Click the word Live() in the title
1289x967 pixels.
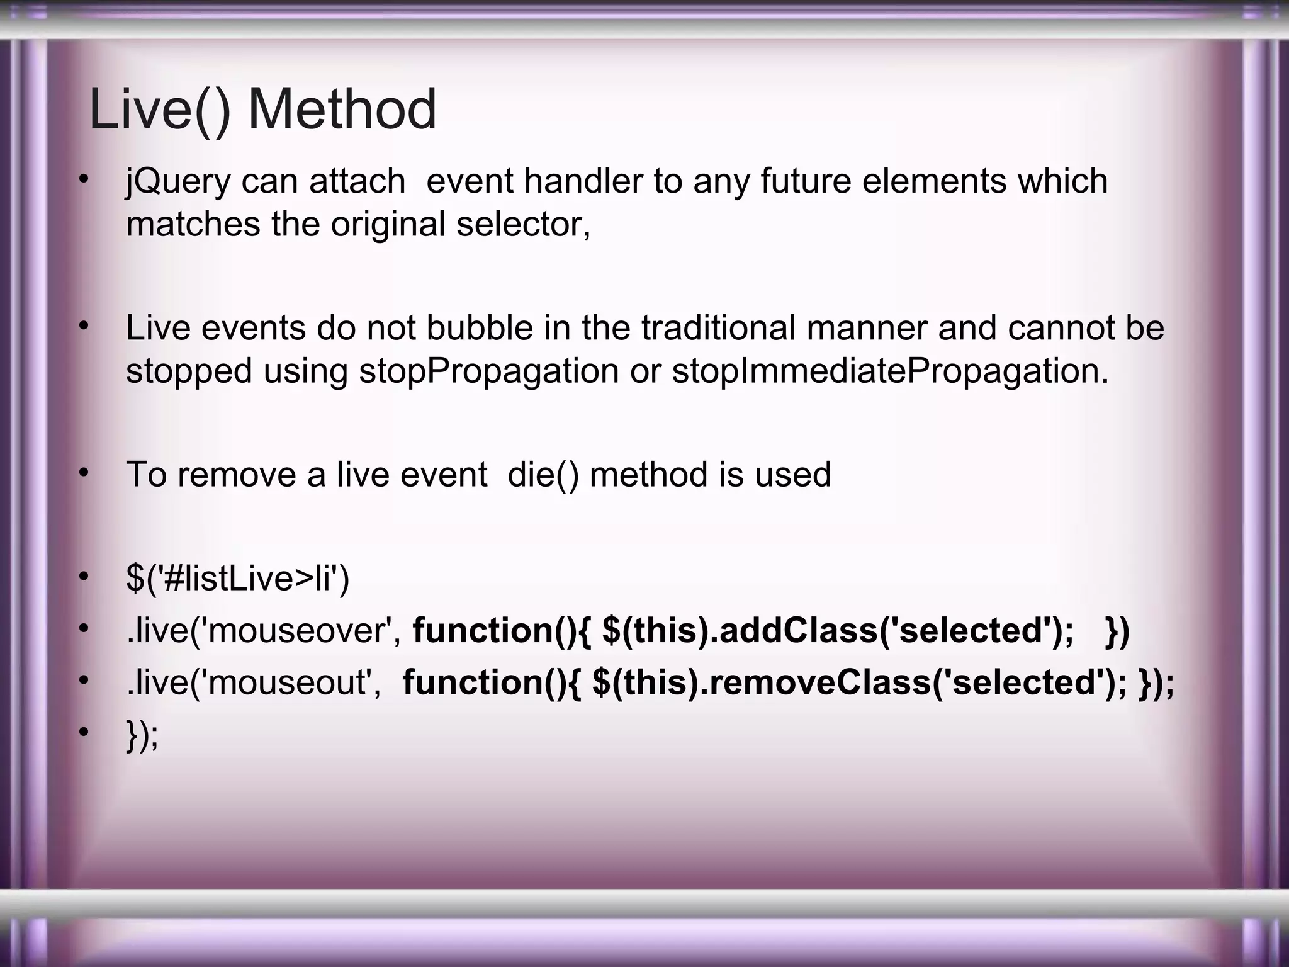[160, 110]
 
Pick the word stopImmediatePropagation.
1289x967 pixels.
[890, 371]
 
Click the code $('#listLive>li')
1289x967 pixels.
[237, 579]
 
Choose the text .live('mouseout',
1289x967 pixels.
[254, 682]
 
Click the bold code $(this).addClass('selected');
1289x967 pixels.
[838, 631]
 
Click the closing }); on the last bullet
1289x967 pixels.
[142, 735]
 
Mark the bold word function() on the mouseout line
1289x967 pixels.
[492, 682]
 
